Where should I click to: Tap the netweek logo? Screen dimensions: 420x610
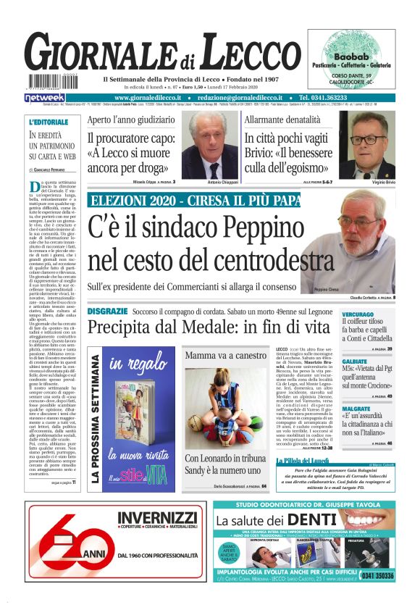point(44,97)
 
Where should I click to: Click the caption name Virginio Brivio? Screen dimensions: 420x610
point(377,183)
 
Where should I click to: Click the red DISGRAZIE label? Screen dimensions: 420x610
point(107,310)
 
